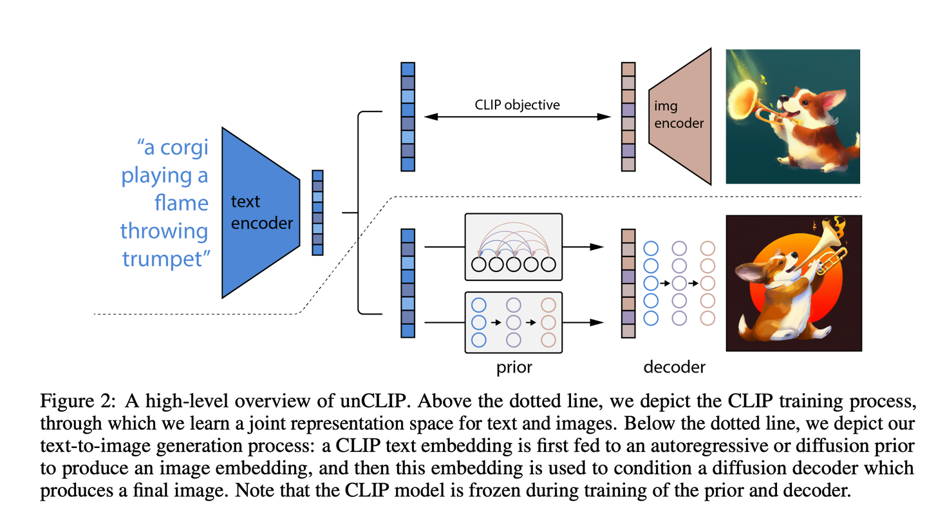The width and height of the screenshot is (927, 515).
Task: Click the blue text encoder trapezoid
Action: [261, 213]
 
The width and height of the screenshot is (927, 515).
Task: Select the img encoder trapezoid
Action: [680, 117]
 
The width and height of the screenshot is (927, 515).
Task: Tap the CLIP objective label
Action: [517, 105]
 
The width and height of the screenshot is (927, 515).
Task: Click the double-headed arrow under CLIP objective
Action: [518, 117]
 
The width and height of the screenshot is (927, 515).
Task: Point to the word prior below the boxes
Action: [514, 367]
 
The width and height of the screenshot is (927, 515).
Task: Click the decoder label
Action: [674, 367]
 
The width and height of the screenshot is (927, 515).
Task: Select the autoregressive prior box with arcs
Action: [514, 247]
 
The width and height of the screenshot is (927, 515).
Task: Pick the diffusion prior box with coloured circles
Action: [514, 322]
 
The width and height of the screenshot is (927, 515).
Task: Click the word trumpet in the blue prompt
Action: [164, 259]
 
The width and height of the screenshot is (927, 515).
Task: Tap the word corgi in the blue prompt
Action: [184, 148]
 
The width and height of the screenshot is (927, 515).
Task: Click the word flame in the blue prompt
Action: [182, 203]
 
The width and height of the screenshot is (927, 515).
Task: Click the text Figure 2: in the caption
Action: [78, 401]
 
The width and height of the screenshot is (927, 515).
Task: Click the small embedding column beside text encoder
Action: [317, 213]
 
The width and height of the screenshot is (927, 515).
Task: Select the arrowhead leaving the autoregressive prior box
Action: [596, 247]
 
